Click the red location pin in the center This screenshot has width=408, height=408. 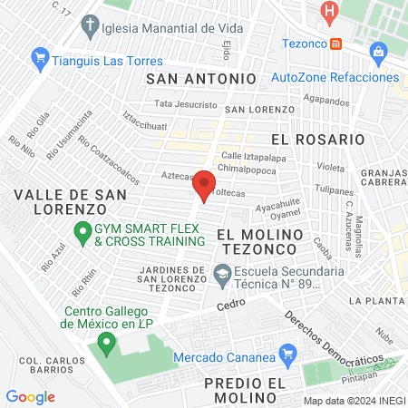point(204,184)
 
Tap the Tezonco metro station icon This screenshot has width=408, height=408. point(336,43)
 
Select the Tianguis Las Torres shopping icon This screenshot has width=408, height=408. point(39,60)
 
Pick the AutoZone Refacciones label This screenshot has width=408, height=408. point(335,77)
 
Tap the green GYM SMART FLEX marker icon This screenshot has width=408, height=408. point(82,234)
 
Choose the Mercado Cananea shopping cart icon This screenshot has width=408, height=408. point(288,354)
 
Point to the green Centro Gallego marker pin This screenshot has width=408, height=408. point(107,343)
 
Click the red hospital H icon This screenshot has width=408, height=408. point(330,13)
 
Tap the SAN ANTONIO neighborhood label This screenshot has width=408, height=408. point(195,79)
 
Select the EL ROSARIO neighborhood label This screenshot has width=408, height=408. point(317,140)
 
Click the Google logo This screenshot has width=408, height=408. point(31,396)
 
